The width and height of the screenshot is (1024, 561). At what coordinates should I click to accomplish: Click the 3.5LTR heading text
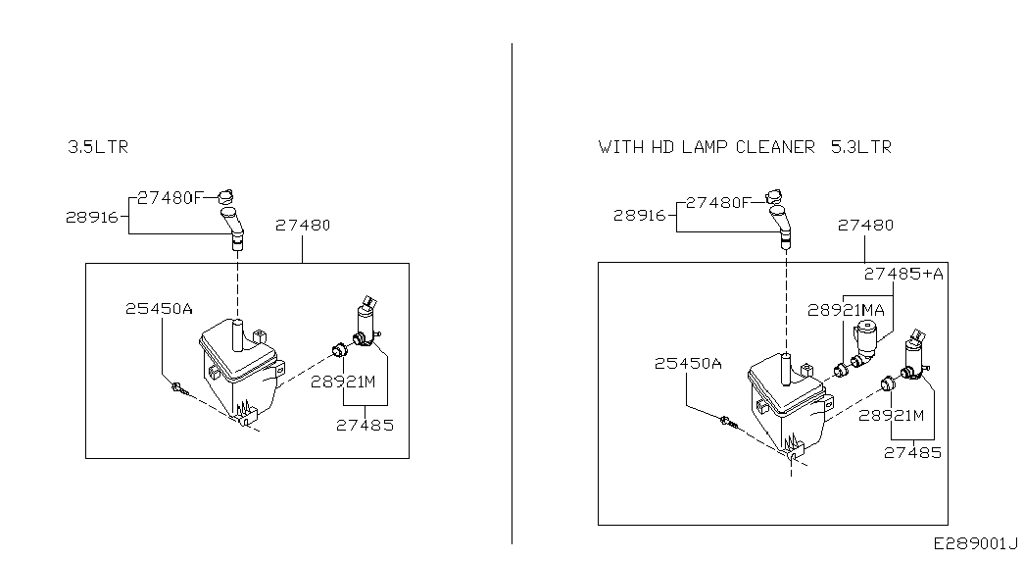click(98, 147)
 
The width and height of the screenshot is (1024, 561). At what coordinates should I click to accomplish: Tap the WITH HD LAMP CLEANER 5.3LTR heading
click(745, 147)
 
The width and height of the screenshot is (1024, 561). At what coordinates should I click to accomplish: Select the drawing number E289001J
click(976, 542)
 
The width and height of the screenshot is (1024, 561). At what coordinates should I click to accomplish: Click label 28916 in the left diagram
click(95, 217)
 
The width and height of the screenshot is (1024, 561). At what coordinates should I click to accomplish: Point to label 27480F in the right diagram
click(718, 202)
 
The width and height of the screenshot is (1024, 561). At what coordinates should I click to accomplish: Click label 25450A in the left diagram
click(159, 308)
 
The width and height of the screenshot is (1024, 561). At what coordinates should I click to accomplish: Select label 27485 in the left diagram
click(365, 425)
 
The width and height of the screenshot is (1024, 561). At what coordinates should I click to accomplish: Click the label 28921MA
click(847, 309)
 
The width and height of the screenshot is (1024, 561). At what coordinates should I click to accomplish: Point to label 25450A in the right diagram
click(688, 363)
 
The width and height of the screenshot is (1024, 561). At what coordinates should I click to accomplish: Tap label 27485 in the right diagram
click(912, 452)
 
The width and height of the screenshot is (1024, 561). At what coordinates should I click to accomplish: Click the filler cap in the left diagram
click(226, 192)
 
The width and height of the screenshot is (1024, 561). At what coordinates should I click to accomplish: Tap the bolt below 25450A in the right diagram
click(726, 422)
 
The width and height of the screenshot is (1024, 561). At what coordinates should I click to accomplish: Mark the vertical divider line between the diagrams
click(512, 294)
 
